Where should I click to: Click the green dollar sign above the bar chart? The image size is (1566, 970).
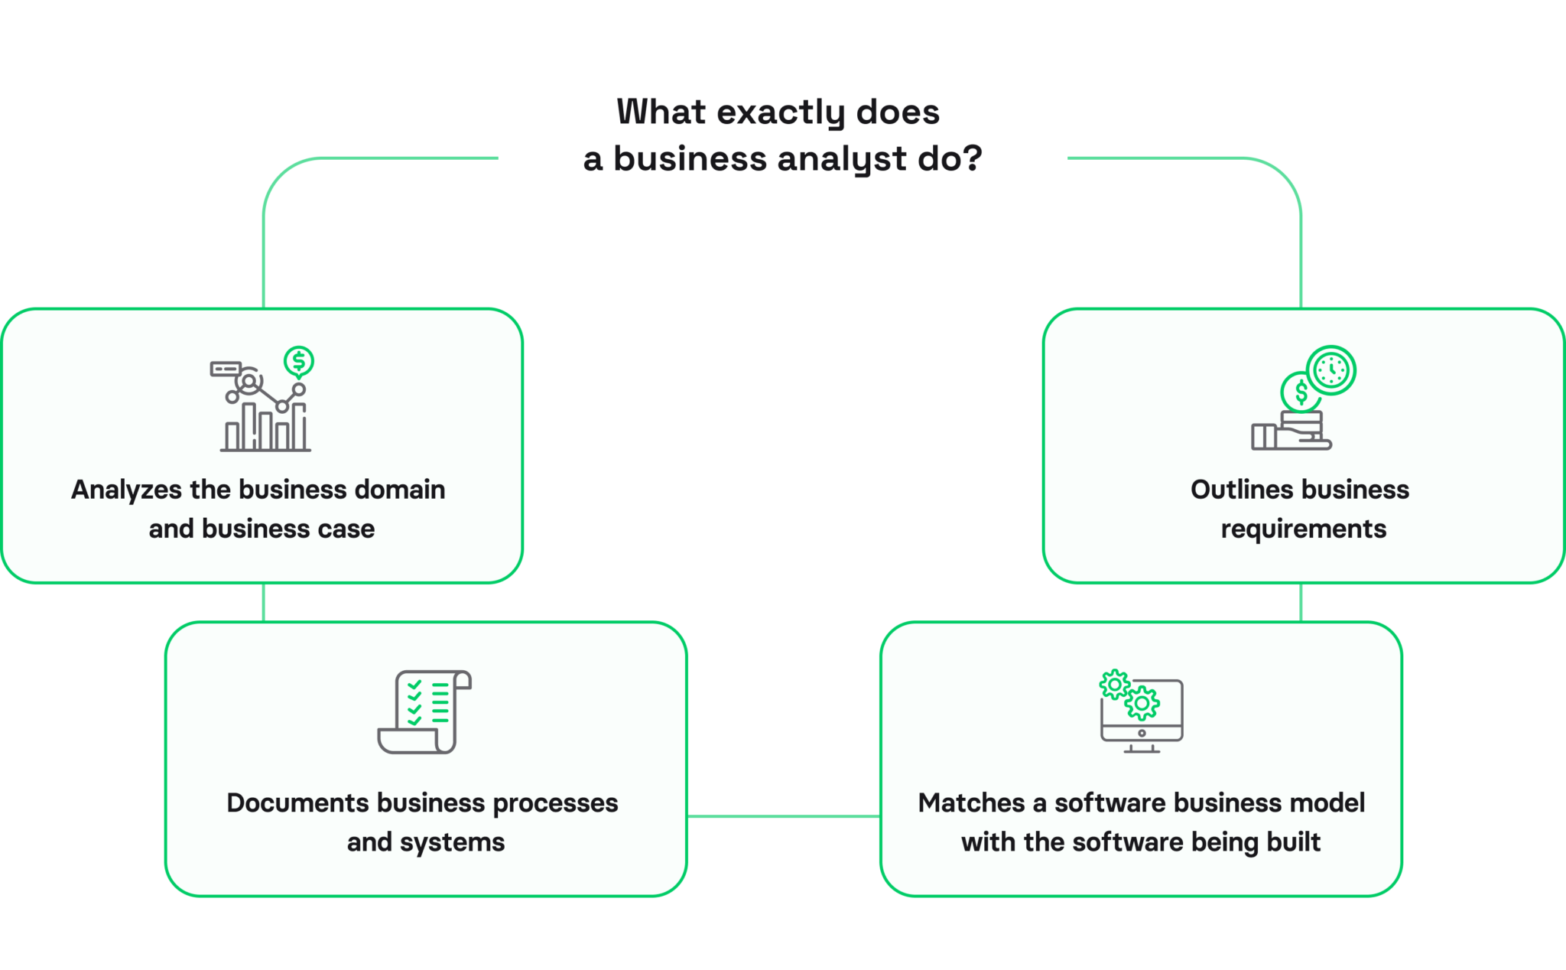click(x=299, y=361)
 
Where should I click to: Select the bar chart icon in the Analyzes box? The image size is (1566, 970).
click(x=265, y=425)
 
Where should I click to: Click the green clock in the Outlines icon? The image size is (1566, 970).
click(x=1331, y=370)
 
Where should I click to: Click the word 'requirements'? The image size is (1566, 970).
click(x=1303, y=529)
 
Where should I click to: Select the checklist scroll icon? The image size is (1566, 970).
click(x=424, y=712)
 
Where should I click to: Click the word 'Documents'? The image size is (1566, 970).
click(x=297, y=803)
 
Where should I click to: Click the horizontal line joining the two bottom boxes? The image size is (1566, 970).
click(x=783, y=816)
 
